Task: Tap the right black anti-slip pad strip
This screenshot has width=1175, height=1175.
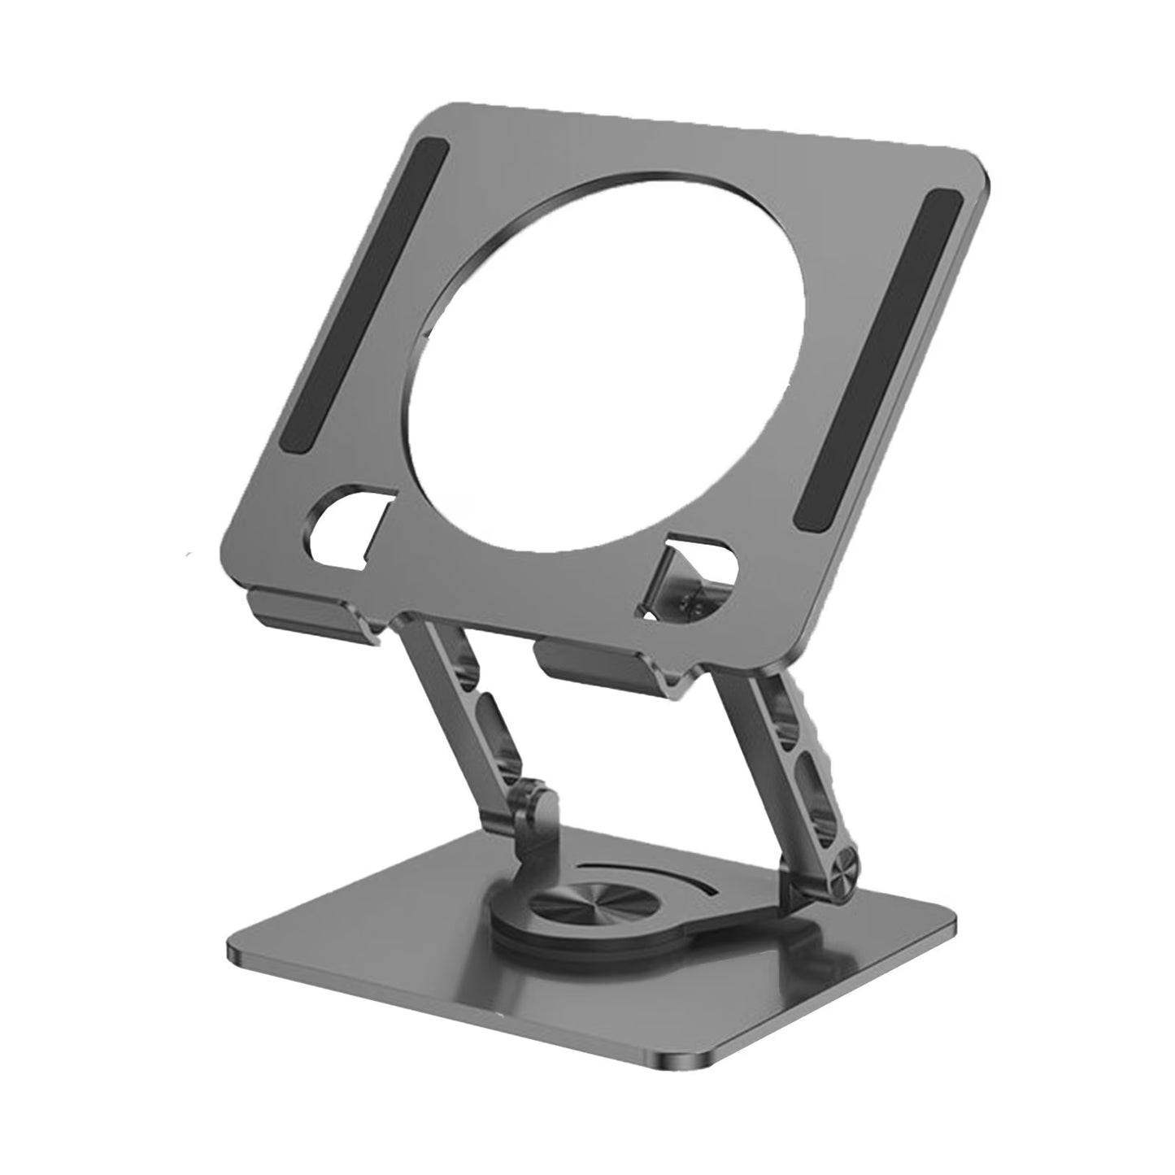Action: click(x=876, y=362)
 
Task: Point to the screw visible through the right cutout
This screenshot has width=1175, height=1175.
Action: click(x=695, y=601)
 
